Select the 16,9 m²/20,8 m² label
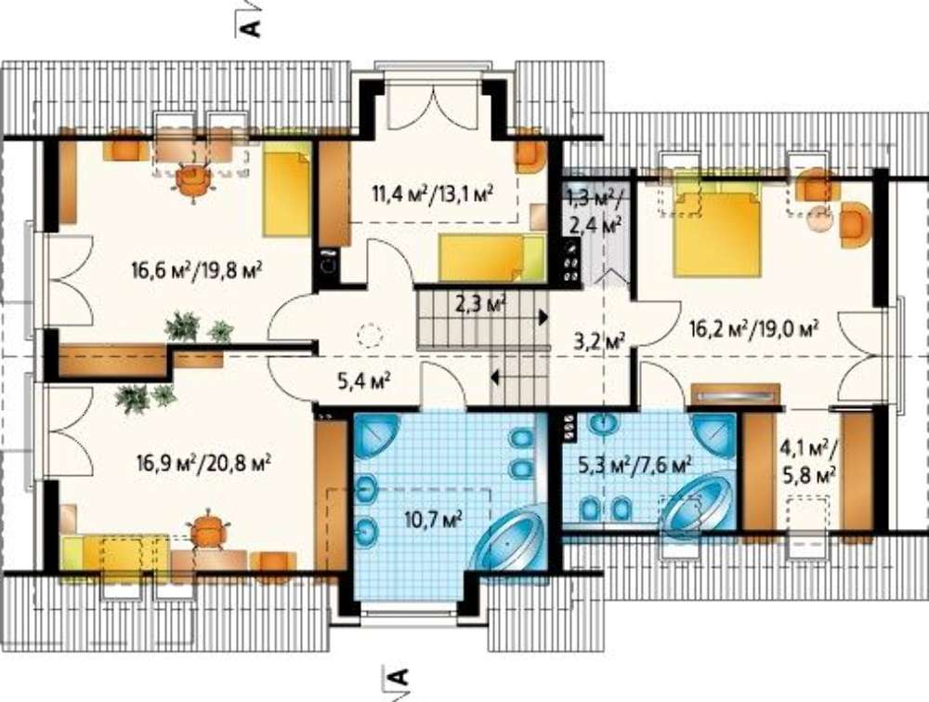click(203, 462)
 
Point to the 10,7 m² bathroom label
click(434, 520)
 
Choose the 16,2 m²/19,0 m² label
click(754, 327)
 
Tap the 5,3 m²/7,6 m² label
click(635, 464)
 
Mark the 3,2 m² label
click(601, 341)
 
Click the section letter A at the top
click(253, 28)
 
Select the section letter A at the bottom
click(400, 675)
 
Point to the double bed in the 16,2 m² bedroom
click(717, 235)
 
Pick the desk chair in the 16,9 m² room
click(207, 530)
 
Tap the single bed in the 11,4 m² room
click(491, 257)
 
